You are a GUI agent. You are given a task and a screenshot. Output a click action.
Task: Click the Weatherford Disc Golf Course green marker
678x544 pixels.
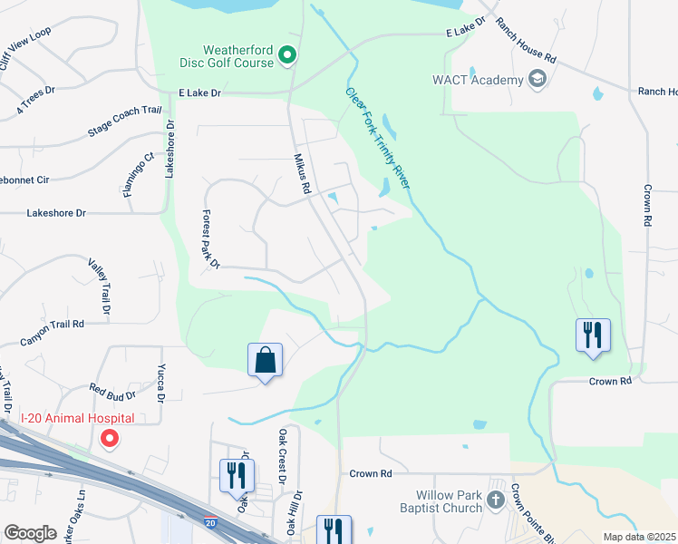click(x=287, y=56)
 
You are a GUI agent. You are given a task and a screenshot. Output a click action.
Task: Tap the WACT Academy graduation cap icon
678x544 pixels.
click(x=538, y=80)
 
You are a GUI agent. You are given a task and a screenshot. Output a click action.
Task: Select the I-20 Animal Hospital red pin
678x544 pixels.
click(x=110, y=440)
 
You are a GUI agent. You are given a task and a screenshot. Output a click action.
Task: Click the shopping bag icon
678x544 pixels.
click(x=265, y=360)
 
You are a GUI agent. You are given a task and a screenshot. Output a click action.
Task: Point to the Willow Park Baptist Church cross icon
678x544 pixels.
click(x=496, y=499)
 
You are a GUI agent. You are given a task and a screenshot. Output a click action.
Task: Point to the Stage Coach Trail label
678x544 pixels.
click(x=124, y=121)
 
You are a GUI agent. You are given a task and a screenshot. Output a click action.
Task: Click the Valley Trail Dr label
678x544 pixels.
click(x=99, y=287)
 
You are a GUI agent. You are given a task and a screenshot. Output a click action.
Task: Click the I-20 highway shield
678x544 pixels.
click(x=210, y=524)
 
